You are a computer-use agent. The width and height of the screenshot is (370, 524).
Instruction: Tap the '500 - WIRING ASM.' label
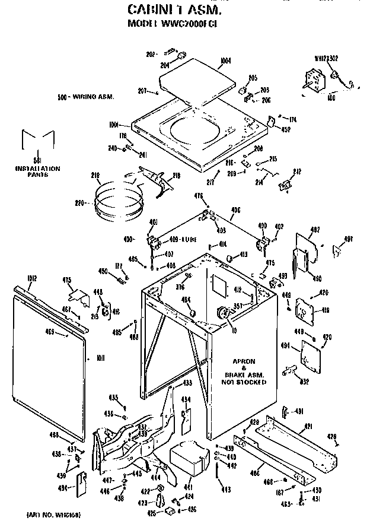pyautogui.click(x=86, y=96)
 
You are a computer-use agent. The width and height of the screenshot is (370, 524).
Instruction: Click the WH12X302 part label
pyautogui.click(x=326, y=58)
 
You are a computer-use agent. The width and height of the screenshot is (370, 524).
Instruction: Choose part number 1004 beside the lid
pyautogui.click(x=225, y=60)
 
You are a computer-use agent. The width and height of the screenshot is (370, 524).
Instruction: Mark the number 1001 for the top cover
pyautogui.click(x=114, y=125)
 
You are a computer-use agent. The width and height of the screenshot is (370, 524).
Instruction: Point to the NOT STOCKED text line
pyautogui.click(x=245, y=383)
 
